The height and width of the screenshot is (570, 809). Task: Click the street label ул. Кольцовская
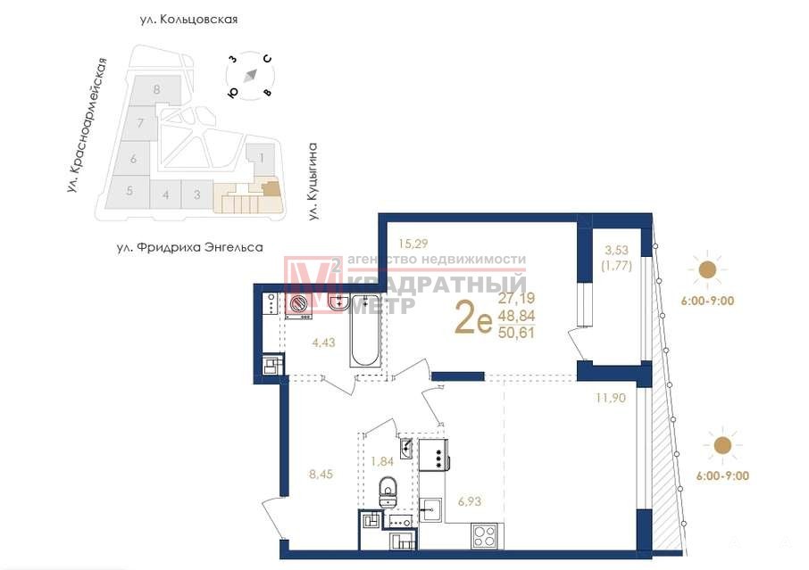click(188, 20)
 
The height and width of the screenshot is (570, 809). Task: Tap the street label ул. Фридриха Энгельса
click(190, 248)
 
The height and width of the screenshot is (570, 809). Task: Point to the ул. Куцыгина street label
click(313, 181)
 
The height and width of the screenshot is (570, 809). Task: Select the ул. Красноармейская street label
click(88, 126)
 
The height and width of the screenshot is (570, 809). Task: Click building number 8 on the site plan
click(157, 90)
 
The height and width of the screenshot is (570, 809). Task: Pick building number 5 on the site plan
click(129, 191)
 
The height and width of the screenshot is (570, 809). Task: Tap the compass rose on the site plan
click(250, 75)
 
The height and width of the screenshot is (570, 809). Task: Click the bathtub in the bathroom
click(366, 330)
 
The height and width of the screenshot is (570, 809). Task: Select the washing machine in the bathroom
click(299, 306)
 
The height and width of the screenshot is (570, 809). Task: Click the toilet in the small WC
click(388, 492)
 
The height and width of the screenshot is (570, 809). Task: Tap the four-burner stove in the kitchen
click(484, 535)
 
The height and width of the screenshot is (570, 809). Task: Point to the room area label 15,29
click(413, 244)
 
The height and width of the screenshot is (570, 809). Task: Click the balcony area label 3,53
click(616, 251)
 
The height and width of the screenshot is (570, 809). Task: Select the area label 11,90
click(611, 398)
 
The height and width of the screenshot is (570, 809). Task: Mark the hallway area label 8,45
click(321, 475)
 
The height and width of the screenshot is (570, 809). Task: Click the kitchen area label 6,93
click(470, 501)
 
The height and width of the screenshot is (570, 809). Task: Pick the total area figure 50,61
click(516, 333)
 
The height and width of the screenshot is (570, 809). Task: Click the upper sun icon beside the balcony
click(707, 269)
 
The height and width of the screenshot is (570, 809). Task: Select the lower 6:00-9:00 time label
click(722, 476)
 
